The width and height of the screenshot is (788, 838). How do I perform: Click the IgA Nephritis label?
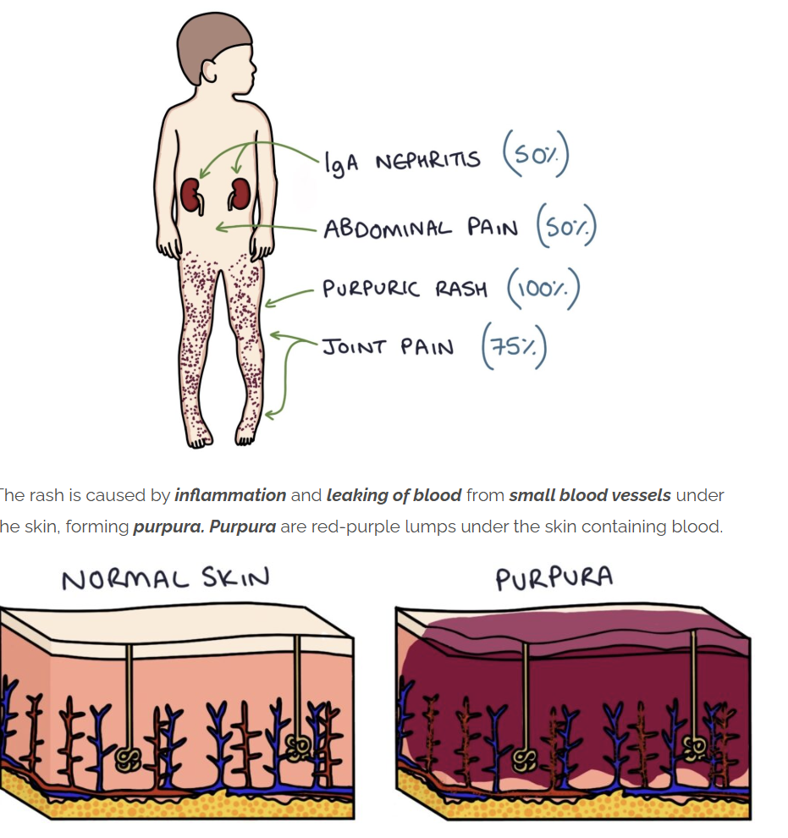(x=401, y=161)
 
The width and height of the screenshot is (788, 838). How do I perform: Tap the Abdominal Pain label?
(x=420, y=229)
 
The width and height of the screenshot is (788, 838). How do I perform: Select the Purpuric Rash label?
(x=405, y=288)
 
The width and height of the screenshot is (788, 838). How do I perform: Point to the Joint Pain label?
(x=388, y=347)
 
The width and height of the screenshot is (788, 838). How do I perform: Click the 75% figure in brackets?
(x=513, y=348)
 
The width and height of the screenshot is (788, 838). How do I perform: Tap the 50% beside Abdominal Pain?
(x=566, y=229)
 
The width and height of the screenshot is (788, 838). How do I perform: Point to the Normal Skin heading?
(x=165, y=579)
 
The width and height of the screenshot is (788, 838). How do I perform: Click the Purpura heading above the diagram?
(x=554, y=579)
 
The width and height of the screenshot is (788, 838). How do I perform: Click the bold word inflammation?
(x=230, y=495)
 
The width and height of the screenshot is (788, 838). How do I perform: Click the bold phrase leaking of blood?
(x=394, y=495)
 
